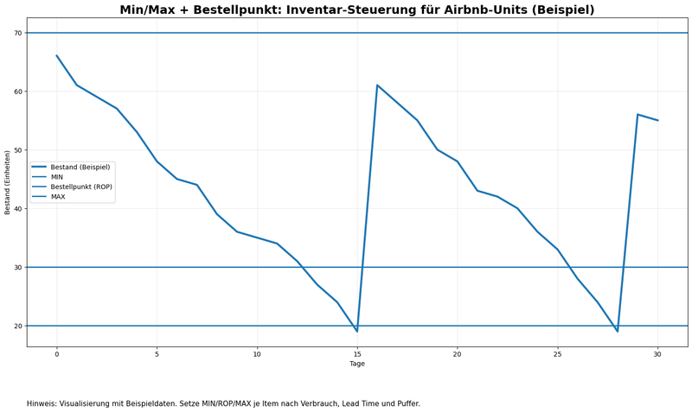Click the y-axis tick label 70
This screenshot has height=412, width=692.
click(x=17, y=33)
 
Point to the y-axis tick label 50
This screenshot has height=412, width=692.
click(x=17, y=150)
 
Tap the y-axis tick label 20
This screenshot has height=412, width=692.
click(x=17, y=326)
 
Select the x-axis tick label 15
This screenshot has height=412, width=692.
click(x=357, y=353)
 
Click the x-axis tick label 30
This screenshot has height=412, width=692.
click(x=657, y=353)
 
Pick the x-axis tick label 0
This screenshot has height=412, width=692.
click(x=57, y=353)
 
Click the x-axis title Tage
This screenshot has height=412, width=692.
click(x=357, y=364)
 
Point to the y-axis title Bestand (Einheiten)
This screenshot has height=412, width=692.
click(x=8, y=182)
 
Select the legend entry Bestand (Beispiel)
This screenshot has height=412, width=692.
click(x=80, y=168)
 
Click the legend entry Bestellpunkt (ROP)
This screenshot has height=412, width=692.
click(x=81, y=187)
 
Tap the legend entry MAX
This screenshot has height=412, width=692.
click(x=58, y=197)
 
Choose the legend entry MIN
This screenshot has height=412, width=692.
click(x=57, y=177)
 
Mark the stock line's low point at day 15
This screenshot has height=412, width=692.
click(x=357, y=331)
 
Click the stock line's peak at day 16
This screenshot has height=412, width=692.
click(x=377, y=86)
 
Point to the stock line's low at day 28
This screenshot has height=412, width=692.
click(x=618, y=331)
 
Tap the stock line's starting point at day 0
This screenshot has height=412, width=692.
click(x=57, y=56)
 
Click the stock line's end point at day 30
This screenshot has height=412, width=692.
click(x=657, y=120)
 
